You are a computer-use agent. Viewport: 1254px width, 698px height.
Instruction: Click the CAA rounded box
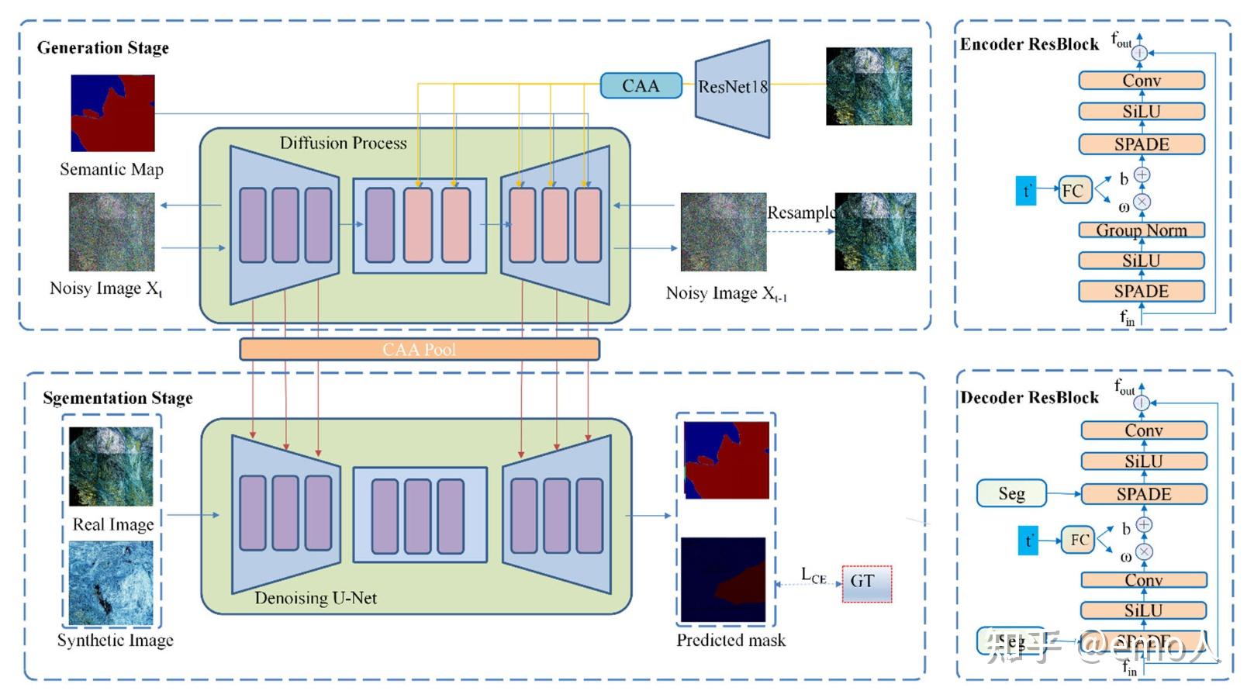pyautogui.click(x=641, y=85)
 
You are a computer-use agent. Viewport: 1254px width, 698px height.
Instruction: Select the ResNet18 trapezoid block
pyautogui.click(x=732, y=88)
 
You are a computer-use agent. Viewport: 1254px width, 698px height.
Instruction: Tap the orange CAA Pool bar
pyautogui.click(x=419, y=350)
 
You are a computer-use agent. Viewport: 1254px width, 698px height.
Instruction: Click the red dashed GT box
pyautogui.click(x=866, y=583)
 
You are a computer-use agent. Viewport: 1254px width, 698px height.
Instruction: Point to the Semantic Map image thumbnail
pyautogui.click(x=112, y=113)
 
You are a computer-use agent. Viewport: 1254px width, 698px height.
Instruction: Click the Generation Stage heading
pyautogui.click(x=103, y=48)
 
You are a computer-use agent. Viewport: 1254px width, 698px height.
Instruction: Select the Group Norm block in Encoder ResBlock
pyautogui.click(x=1141, y=230)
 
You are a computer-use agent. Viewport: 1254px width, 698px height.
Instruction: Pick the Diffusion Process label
pyautogui.click(x=343, y=143)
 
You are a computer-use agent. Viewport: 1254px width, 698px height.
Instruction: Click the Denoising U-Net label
pyautogui.click(x=316, y=598)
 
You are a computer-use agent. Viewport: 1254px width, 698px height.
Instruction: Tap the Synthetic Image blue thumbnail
pyautogui.click(x=111, y=583)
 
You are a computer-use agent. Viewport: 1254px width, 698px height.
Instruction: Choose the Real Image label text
pyautogui.click(x=112, y=525)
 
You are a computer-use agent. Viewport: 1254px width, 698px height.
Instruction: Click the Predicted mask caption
pyautogui.click(x=731, y=641)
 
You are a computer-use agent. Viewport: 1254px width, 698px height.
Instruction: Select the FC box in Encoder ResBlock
pyautogui.click(x=1073, y=191)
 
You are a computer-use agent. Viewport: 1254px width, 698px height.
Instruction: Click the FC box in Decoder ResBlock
pyautogui.click(x=1079, y=540)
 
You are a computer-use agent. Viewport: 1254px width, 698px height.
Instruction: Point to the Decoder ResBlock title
pyautogui.click(x=1029, y=398)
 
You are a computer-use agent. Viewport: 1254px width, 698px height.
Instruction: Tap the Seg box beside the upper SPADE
pyautogui.click(x=1011, y=493)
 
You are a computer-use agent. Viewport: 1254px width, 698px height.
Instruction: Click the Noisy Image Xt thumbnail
pyautogui.click(x=112, y=232)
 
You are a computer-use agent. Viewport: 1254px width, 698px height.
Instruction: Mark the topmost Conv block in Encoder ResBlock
pyautogui.click(x=1141, y=81)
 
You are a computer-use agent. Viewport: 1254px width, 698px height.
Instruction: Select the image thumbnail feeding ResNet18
pyautogui.click(x=869, y=86)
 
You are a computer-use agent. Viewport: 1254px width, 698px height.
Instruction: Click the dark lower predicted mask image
pyautogui.click(x=723, y=580)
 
